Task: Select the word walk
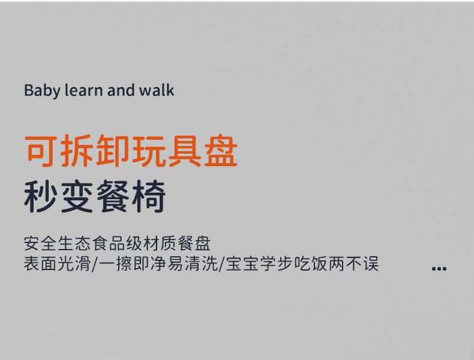157,91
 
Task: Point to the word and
121,91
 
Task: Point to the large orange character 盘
220,152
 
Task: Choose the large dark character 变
77,196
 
